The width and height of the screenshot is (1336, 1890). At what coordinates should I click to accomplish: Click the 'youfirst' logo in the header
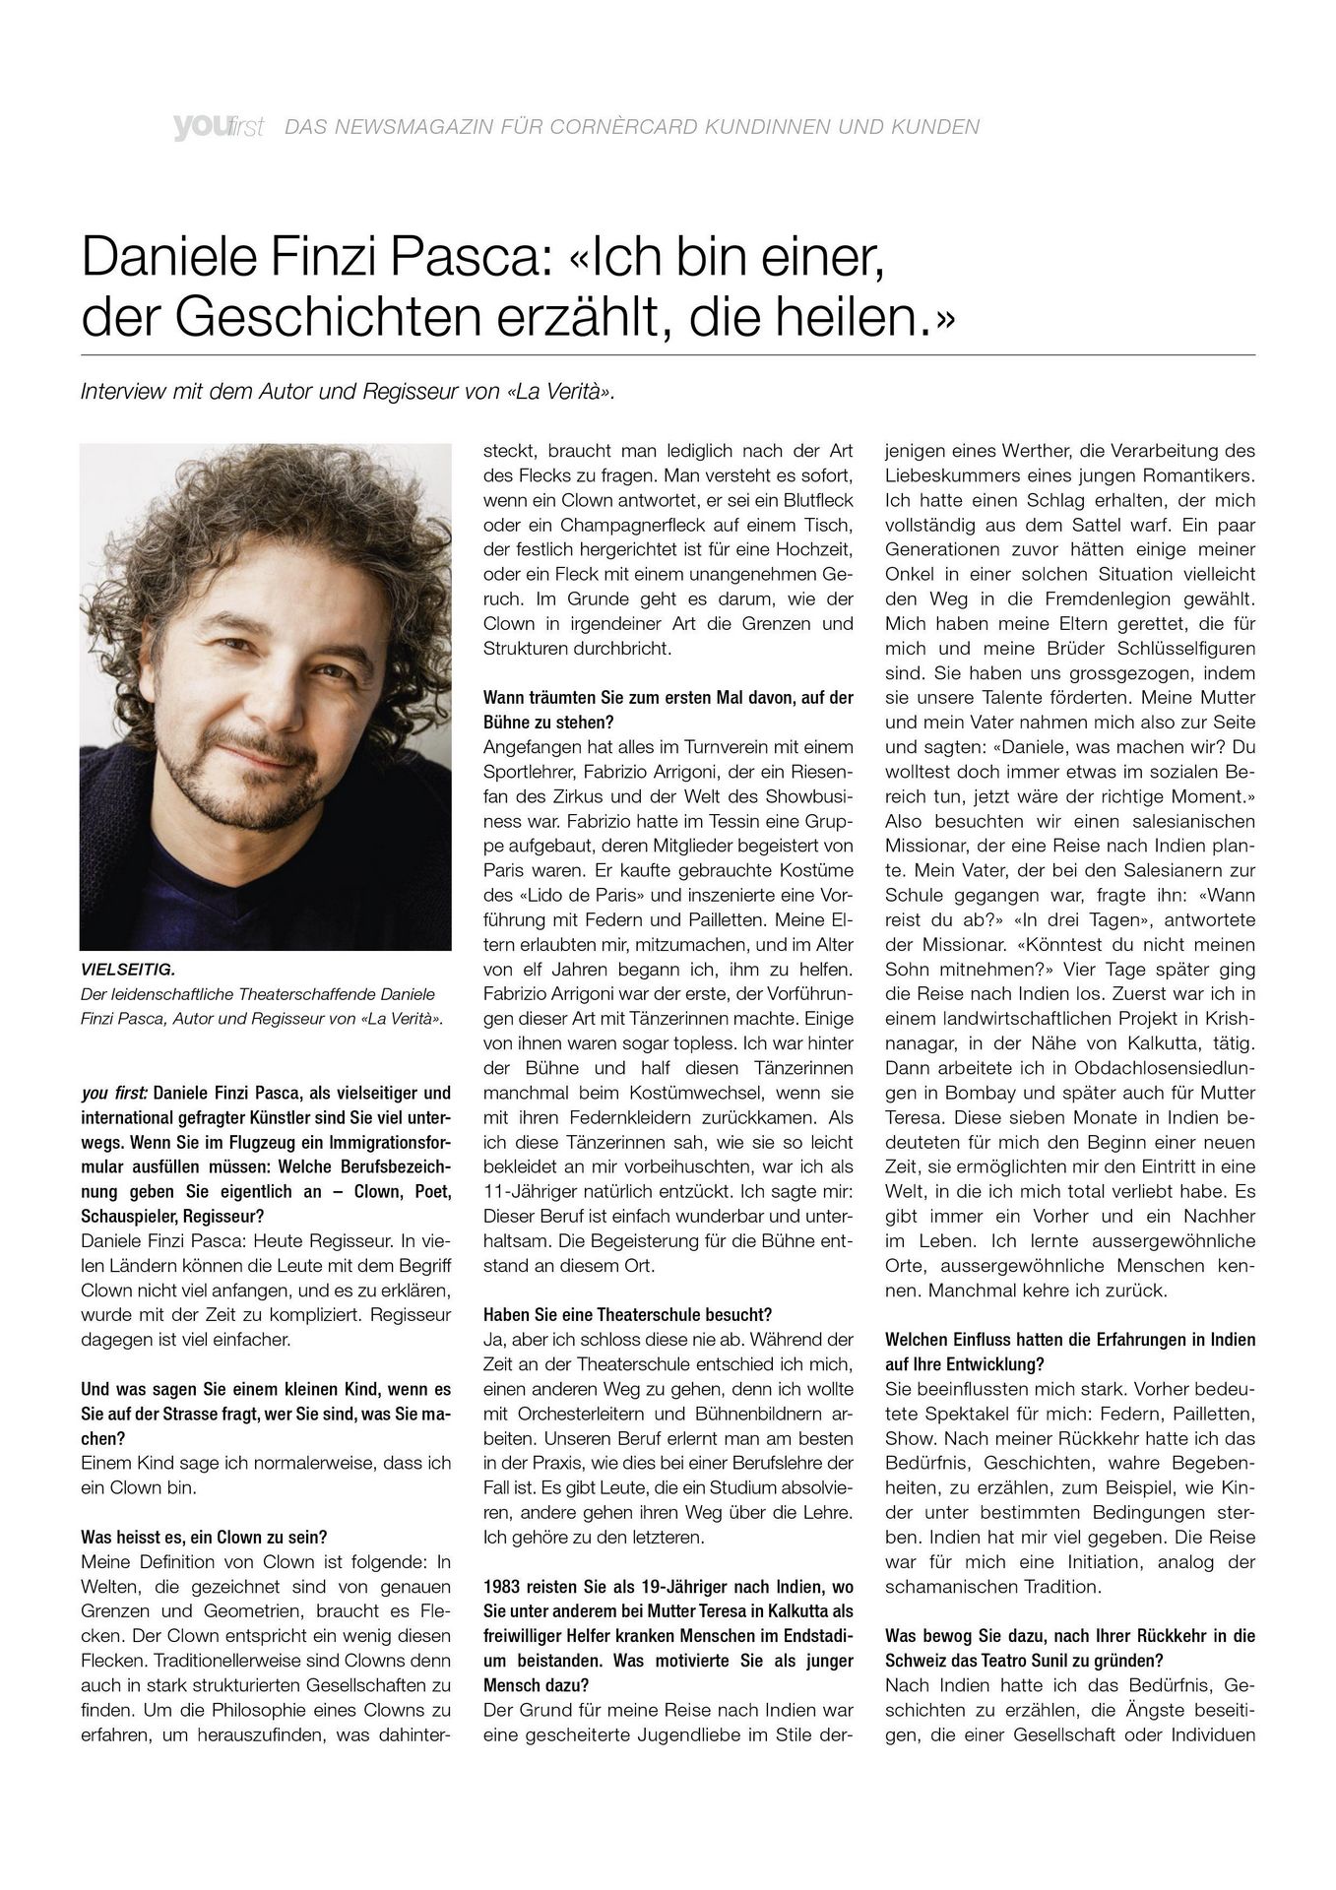pyautogui.click(x=218, y=127)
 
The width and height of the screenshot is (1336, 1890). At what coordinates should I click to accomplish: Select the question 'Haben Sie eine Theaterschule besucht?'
pyautogui.click(x=627, y=1315)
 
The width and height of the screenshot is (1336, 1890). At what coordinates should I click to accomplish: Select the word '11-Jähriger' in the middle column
pyautogui.click(x=529, y=1191)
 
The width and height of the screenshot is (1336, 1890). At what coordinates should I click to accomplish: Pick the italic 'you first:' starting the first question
pyautogui.click(x=114, y=1093)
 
